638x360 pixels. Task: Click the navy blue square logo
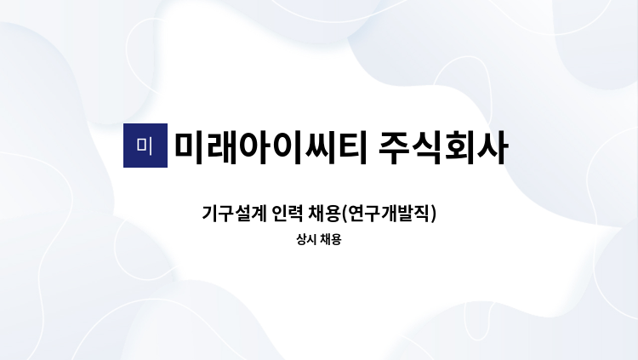(145, 146)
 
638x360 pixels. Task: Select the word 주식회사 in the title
(443, 147)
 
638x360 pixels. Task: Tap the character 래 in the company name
(223, 147)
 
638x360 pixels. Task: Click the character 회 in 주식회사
(459, 147)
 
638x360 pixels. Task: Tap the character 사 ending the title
(493, 147)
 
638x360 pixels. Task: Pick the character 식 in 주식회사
(427, 147)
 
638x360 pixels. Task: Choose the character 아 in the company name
(254, 147)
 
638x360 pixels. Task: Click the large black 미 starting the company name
(190, 147)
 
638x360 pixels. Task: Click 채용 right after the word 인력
(324, 214)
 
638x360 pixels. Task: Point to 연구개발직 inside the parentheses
(389, 214)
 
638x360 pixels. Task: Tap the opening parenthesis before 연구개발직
(345, 214)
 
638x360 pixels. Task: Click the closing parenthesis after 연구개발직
(434, 214)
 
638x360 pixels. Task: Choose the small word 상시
(306, 239)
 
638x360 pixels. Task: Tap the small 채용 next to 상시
(330, 239)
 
